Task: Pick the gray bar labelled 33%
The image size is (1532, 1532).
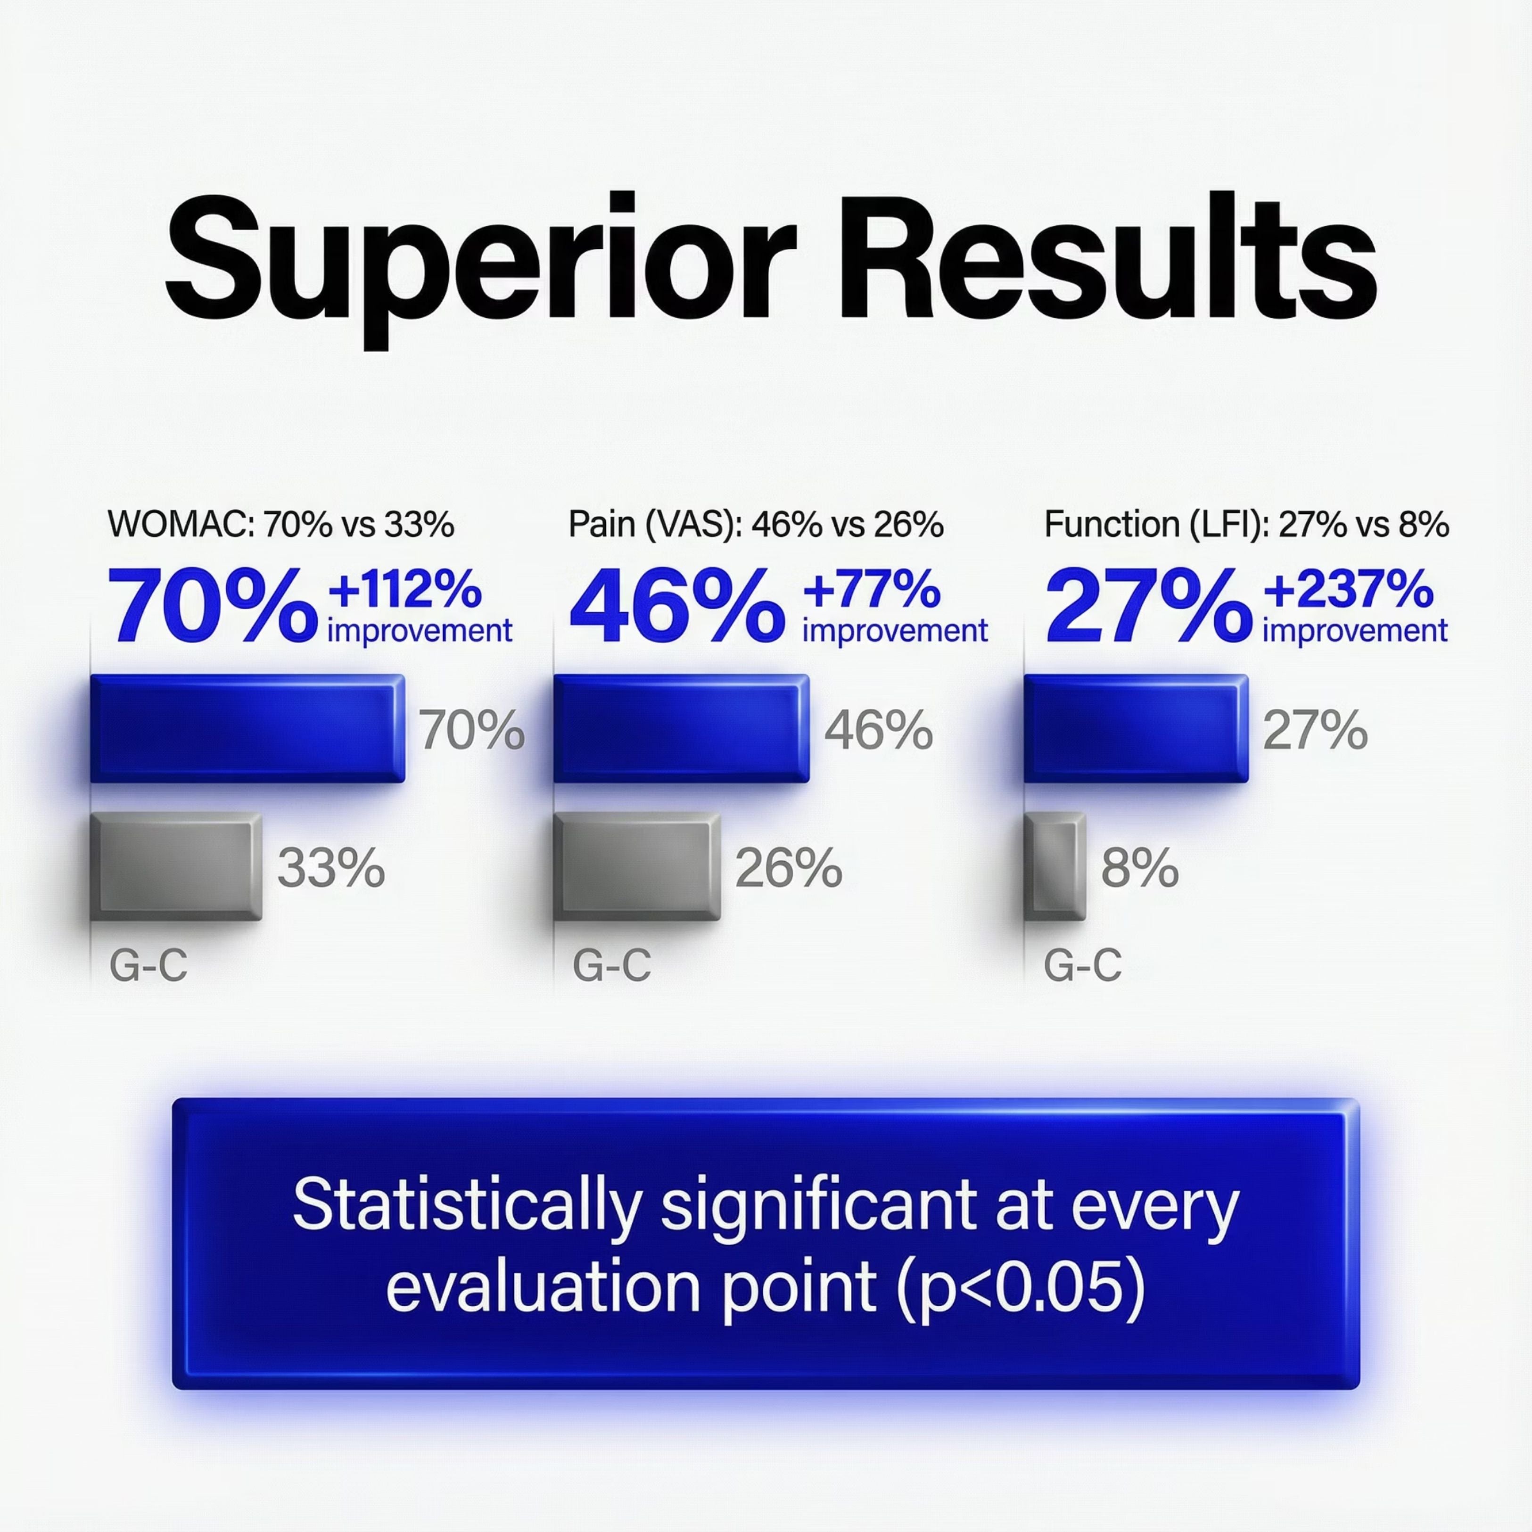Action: pyautogui.click(x=176, y=867)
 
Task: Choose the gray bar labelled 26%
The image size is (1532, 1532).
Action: pyautogui.click(x=637, y=867)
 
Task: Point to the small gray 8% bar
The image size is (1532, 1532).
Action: pyautogui.click(x=1054, y=867)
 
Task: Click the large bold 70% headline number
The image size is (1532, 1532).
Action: pyautogui.click(x=213, y=605)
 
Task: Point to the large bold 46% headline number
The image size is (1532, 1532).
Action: pyautogui.click(x=676, y=605)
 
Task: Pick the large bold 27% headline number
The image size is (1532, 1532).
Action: pyautogui.click(x=1148, y=605)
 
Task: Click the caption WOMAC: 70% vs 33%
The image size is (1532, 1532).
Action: pyautogui.click(x=280, y=525)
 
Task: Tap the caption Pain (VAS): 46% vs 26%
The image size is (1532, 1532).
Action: pyautogui.click(x=756, y=525)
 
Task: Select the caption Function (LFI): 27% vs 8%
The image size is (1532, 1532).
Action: pyautogui.click(x=1246, y=525)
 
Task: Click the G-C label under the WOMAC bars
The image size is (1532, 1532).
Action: pyautogui.click(x=148, y=965)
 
